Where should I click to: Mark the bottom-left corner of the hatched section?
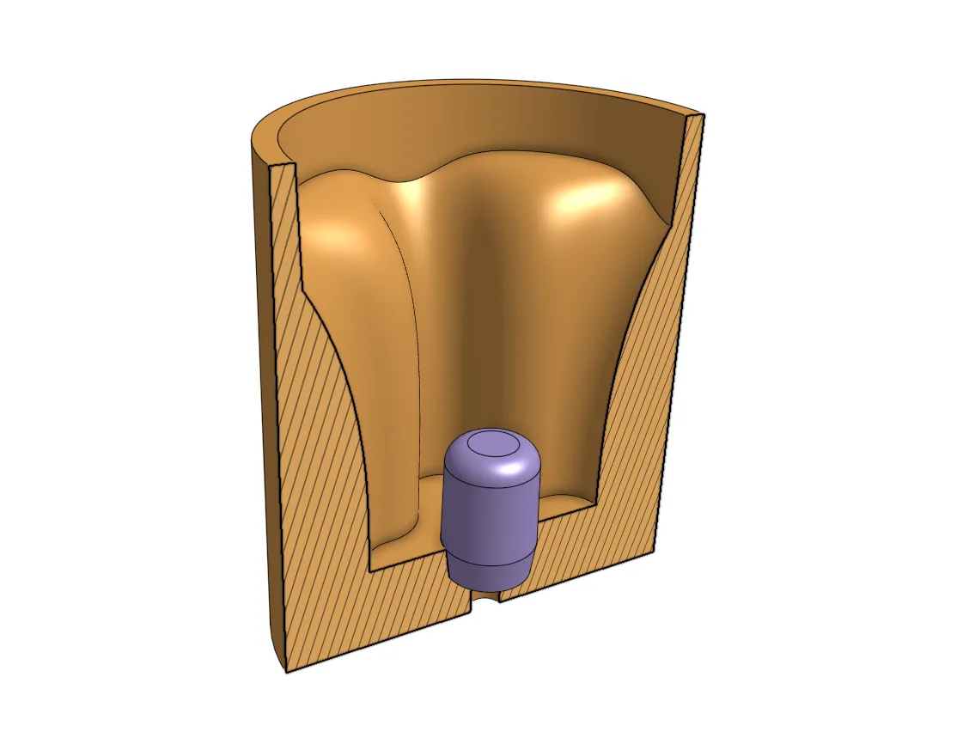(287, 670)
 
